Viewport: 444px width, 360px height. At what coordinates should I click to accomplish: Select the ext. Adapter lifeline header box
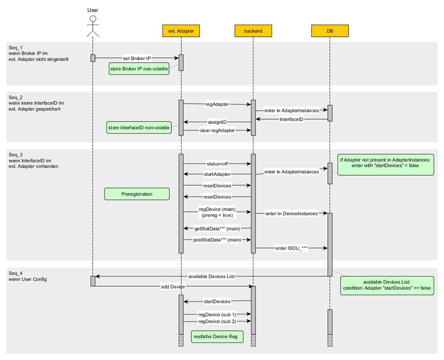pos(181,31)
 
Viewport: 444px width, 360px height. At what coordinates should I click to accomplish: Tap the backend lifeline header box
pos(253,31)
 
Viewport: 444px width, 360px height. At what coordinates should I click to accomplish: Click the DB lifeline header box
pos(330,31)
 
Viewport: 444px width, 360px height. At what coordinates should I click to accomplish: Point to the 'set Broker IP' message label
pos(137,58)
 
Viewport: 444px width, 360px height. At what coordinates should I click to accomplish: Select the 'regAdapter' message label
pos(217,104)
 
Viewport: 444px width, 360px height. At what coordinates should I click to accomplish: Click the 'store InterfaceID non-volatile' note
pos(138,127)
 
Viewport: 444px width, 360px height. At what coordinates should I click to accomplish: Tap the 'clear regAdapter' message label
pos(217,131)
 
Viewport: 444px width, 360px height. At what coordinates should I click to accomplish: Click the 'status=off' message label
pos(217,164)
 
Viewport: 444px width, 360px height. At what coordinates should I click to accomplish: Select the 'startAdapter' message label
pos(217,174)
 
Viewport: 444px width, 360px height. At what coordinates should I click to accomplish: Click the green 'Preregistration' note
pos(135,193)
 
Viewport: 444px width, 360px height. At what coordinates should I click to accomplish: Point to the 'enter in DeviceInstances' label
pos(291,214)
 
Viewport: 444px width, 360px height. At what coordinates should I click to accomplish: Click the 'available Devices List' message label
pos(212,276)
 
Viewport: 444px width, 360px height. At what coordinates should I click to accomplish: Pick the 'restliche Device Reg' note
pos(217,336)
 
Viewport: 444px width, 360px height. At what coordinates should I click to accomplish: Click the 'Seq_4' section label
pos(16,273)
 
